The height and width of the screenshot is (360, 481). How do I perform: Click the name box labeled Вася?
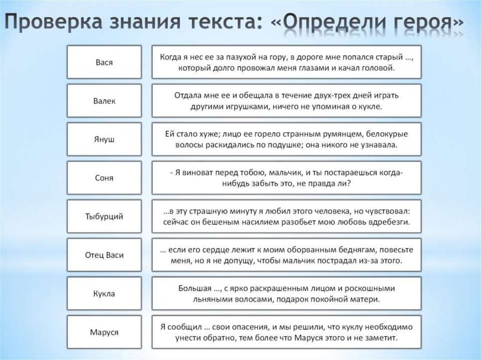(x=104, y=62)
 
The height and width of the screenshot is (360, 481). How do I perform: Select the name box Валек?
(x=104, y=100)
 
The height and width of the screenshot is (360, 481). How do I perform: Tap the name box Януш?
(x=104, y=139)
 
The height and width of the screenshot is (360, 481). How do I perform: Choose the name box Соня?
(x=104, y=178)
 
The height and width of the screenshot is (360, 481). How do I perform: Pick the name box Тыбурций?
(x=104, y=216)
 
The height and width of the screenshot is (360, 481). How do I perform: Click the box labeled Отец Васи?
(x=104, y=255)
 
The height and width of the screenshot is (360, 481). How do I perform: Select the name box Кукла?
(x=104, y=294)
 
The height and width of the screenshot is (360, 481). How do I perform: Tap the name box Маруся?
(x=104, y=332)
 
